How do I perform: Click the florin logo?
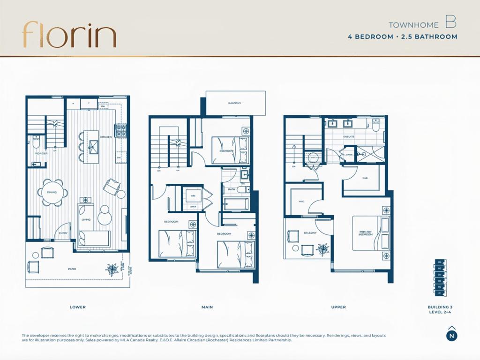point(69,34)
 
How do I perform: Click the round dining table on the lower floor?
point(52,192)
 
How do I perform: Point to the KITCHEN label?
point(105,137)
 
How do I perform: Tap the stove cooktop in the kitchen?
point(121,128)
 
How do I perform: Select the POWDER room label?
point(41,153)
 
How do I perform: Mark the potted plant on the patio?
point(112,268)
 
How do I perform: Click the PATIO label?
point(71,269)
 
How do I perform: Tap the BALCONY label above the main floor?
point(235,103)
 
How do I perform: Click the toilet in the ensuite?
point(375,125)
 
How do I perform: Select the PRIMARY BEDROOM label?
point(366,233)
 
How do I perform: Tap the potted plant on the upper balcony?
point(322,248)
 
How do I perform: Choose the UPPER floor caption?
point(338,307)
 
